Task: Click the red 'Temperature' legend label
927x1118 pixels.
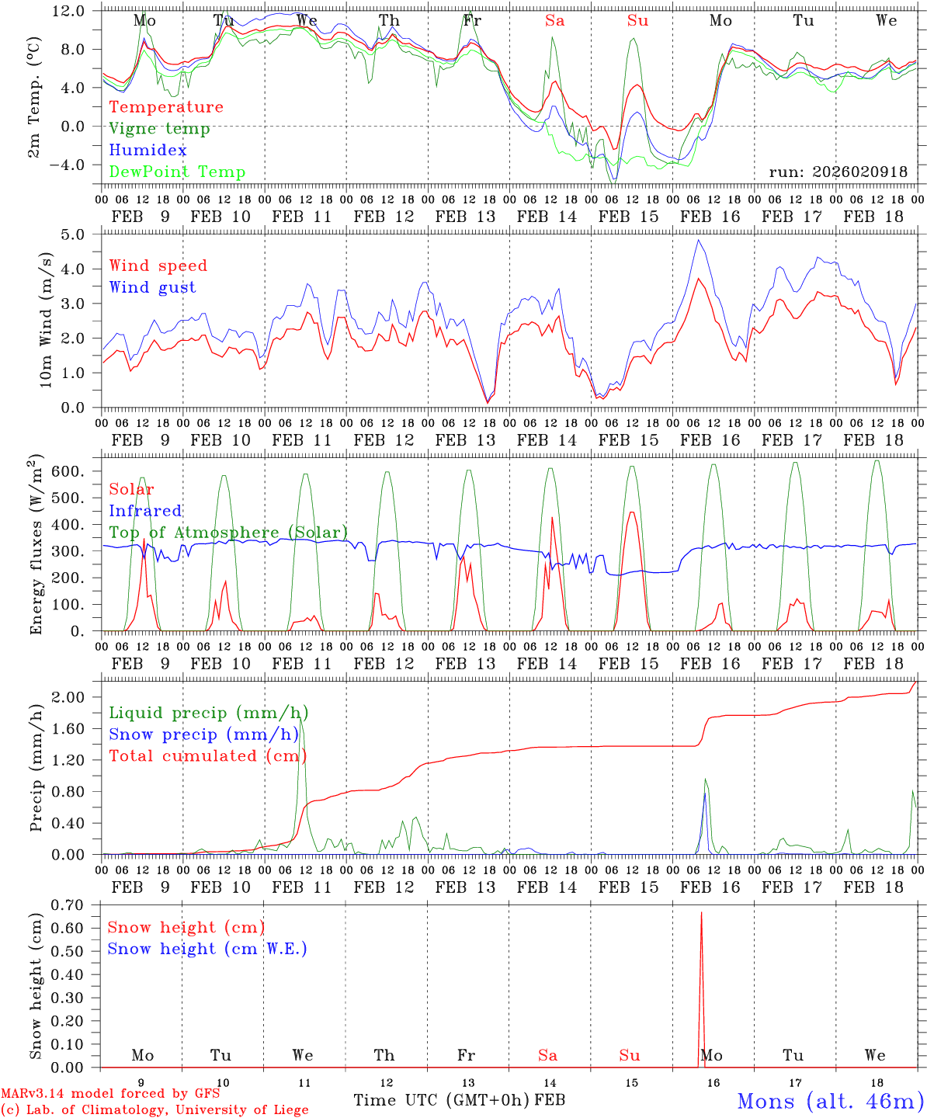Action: pos(166,107)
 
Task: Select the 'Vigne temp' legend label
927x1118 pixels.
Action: pos(159,129)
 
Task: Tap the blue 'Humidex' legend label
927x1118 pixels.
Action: pos(148,151)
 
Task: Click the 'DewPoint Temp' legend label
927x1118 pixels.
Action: pos(177,172)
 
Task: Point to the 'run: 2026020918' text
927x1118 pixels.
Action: pos(838,172)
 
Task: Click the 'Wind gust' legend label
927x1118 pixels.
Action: pos(153,287)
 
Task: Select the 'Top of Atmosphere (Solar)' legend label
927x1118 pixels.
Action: pos(228,533)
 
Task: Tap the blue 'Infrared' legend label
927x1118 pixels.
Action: pos(145,511)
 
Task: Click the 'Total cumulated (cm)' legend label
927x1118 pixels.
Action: pos(208,755)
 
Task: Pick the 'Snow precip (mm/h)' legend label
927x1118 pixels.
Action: pos(203,734)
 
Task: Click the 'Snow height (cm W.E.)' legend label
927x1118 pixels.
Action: pos(207,949)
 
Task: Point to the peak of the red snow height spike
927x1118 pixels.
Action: pos(701,913)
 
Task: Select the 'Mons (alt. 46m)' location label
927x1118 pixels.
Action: pos(830,1101)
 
